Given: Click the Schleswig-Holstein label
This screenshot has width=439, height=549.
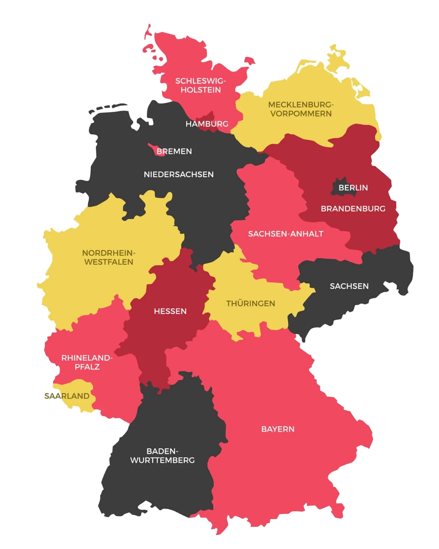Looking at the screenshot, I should (201, 85).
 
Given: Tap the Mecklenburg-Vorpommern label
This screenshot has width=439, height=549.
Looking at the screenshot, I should (301, 109).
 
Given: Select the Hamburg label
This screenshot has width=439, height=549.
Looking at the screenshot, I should (207, 124).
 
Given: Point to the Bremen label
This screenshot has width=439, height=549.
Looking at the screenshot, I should (174, 151).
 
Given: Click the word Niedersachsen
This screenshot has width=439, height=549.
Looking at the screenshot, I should (178, 174).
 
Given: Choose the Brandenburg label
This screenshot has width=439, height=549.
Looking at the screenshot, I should (353, 209).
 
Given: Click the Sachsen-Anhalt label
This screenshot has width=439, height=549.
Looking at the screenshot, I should (285, 234).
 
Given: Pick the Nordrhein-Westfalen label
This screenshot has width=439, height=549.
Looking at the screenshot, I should (108, 257).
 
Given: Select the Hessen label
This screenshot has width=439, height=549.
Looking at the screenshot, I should (170, 311).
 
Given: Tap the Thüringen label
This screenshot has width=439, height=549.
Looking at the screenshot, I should (251, 304).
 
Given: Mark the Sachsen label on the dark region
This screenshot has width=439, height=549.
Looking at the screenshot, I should (349, 286).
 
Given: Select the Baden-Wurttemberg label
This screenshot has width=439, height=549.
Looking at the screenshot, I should (162, 456).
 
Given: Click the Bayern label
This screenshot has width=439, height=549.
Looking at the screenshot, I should (278, 429).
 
